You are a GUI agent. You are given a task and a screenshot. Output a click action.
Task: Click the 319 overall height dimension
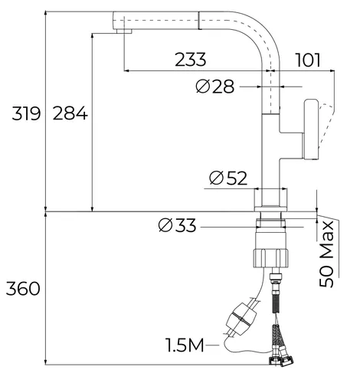(26, 113)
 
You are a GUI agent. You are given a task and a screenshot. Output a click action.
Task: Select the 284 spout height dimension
(70, 113)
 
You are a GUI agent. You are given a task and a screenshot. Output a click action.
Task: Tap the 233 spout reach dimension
(191, 60)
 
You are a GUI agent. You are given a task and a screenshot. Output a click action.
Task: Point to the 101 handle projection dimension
(308, 61)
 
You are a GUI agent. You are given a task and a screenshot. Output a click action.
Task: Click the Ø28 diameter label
(215, 87)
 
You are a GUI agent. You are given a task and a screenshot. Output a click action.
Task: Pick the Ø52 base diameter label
(228, 178)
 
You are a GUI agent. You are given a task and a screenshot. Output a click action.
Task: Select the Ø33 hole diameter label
(177, 225)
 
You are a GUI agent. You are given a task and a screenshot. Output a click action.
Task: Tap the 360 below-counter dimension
(23, 289)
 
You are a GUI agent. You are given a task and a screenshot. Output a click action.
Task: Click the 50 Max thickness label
(326, 254)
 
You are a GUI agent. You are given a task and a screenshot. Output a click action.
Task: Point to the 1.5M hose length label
(185, 345)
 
